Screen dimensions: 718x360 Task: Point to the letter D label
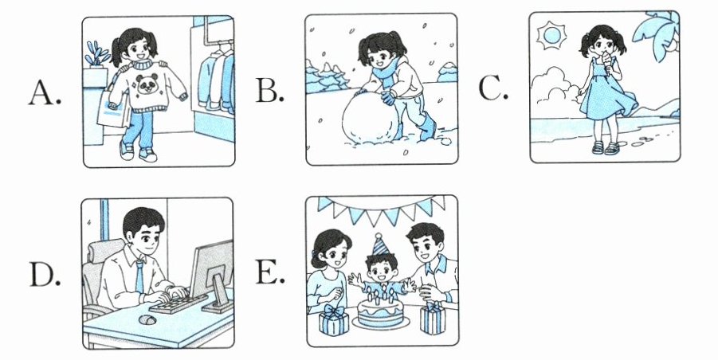pyautogui.click(x=45, y=275)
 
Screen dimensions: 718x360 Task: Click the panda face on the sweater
pyautogui.click(x=147, y=84)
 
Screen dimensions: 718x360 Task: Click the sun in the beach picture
pyautogui.click(x=551, y=36)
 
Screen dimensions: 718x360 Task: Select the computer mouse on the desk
pyautogui.click(x=147, y=319)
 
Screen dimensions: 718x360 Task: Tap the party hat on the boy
pyautogui.click(x=379, y=245)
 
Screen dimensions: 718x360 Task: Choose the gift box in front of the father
pyautogui.click(x=432, y=318)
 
